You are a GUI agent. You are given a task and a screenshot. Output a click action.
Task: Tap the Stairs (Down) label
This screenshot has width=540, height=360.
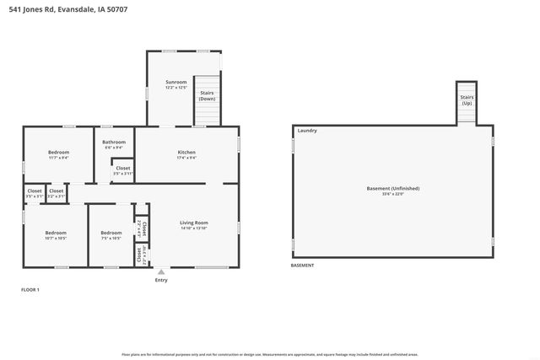coord(207,96)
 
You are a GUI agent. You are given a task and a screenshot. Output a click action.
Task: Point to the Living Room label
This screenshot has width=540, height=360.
coord(194,225)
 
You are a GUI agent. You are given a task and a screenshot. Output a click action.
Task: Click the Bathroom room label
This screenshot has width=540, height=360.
coord(115,144)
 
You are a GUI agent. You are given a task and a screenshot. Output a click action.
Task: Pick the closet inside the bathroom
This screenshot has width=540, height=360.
coord(122,170)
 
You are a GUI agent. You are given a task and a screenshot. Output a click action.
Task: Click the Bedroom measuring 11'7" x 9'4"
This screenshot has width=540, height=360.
coord(58,154)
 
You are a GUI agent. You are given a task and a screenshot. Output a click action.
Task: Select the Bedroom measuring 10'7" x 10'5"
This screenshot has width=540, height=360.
coord(56,235)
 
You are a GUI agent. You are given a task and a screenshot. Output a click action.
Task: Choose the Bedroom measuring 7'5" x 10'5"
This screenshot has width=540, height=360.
coord(111,235)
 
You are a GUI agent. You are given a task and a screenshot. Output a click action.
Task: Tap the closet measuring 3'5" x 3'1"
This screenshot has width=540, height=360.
coord(35,193)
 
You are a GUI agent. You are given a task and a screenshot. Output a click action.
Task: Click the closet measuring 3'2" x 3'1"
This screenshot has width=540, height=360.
coord(57,193)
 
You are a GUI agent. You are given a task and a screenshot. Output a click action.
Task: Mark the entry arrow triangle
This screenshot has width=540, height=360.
coord(161,271)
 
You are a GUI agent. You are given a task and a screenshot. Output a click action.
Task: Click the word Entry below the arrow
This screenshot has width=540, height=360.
coord(161,280)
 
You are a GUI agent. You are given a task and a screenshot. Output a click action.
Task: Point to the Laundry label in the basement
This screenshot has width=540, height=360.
coord(307,131)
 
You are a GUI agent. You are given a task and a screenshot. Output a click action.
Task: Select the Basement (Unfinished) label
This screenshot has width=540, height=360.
coord(392,191)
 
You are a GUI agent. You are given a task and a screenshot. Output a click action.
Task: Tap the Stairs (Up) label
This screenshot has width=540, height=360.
coord(467,99)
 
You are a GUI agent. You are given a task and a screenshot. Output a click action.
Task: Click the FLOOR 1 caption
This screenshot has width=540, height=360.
coord(30,289)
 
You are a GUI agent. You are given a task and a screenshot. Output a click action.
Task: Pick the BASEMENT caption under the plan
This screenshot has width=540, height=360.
coord(302,266)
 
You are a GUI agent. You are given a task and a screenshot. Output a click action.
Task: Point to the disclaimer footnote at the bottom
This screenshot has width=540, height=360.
coord(269,354)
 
